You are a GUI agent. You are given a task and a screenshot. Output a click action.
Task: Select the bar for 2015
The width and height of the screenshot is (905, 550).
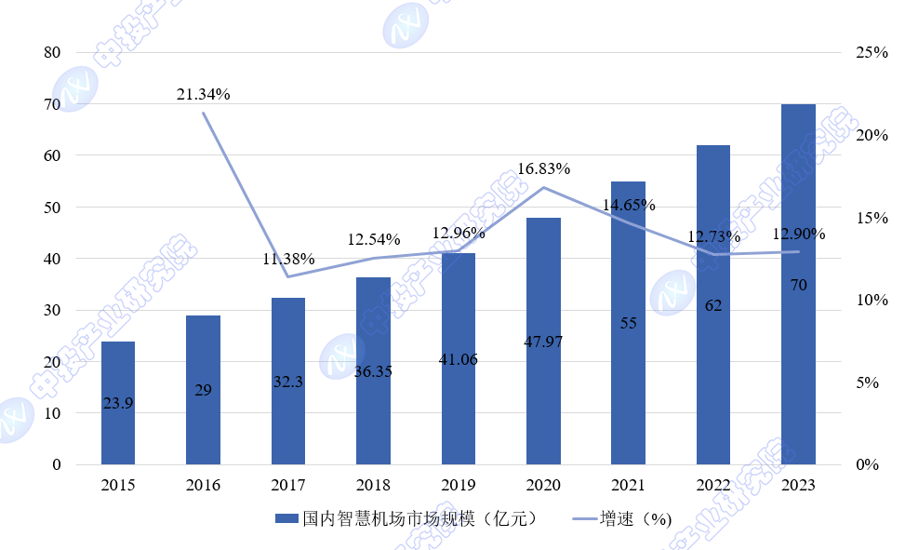(118, 402)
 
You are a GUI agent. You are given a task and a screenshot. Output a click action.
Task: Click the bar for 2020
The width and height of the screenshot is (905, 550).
(543, 341)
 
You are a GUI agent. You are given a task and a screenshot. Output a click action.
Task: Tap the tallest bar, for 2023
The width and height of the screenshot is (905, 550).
(798, 284)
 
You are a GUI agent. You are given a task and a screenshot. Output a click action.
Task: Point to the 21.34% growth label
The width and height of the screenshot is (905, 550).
(204, 94)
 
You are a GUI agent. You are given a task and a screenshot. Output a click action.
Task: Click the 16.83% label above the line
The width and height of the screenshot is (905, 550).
(543, 169)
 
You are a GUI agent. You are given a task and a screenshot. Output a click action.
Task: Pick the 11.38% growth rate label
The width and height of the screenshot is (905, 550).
(288, 259)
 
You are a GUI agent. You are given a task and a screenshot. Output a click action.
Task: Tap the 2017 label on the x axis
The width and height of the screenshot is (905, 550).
(288, 485)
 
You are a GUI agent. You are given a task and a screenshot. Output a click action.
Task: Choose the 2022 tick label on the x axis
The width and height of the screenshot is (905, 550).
(713, 485)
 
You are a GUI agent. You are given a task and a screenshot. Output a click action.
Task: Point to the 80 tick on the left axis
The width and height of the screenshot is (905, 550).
(52, 53)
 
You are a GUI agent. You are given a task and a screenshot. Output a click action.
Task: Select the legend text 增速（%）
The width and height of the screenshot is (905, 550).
(635, 519)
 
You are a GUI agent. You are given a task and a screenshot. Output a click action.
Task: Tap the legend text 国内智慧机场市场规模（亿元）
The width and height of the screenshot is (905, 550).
(419, 519)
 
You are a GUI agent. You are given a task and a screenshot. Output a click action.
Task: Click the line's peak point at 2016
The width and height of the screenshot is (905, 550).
(204, 113)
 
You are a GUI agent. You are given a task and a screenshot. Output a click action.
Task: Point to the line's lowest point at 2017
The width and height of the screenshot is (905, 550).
(288, 276)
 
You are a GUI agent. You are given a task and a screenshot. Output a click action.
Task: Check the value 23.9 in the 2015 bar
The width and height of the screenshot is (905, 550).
(118, 403)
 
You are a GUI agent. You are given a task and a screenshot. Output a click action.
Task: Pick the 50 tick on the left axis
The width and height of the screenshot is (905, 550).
(52, 208)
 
